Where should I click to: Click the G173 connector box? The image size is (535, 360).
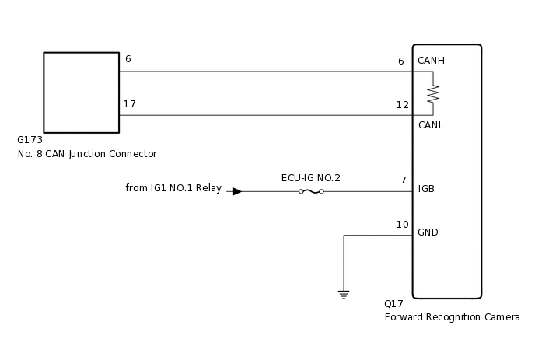point(81,93)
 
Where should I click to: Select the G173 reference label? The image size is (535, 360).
point(30,141)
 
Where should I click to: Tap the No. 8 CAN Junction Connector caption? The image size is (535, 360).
point(87,154)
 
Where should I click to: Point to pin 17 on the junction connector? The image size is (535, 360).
point(130,104)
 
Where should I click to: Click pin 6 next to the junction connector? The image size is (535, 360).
point(128,60)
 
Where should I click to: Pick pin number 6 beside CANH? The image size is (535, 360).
point(401,61)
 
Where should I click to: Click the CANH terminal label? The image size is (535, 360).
point(432,61)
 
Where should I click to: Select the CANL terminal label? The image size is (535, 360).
point(431,125)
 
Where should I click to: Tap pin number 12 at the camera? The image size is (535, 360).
point(402,105)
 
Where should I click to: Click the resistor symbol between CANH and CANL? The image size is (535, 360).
point(433,94)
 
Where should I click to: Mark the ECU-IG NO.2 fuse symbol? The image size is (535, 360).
point(311,191)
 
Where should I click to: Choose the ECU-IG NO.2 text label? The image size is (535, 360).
point(311,178)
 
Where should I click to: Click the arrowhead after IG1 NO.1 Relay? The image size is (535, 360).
point(236,191)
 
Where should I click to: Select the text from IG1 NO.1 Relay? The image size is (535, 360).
point(173,188)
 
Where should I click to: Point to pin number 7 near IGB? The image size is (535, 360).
point(404,180)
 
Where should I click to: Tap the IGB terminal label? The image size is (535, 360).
point(426,189)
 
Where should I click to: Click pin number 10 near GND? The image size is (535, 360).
point(402,225)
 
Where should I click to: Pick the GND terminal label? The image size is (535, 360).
point(428,232)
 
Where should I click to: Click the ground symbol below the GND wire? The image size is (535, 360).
point(344,295)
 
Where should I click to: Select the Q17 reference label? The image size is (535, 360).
point(393,304)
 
